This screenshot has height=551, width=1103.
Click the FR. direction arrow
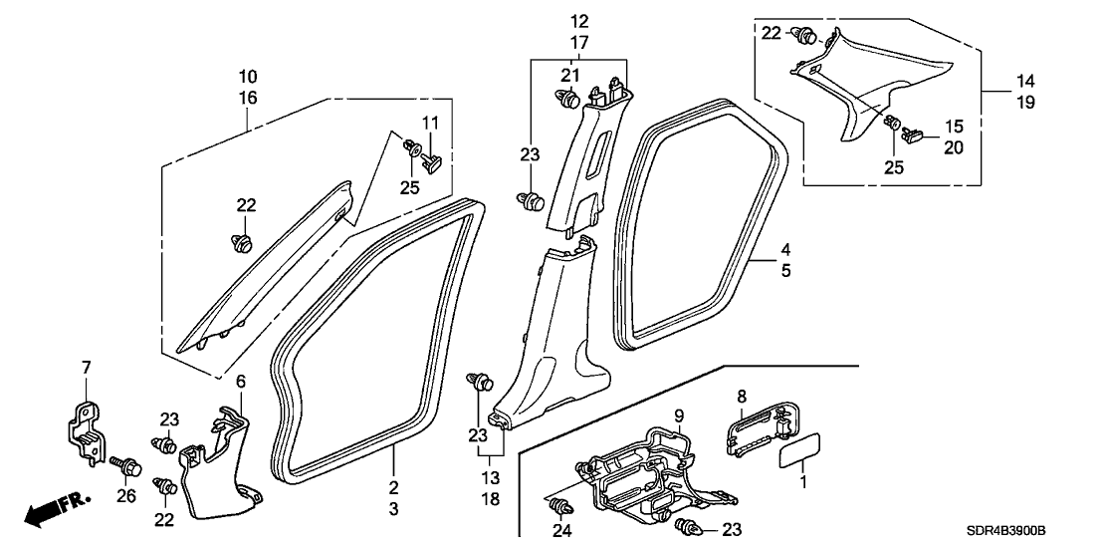click(x=55, y=509)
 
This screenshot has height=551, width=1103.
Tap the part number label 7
click(x=86, y=370)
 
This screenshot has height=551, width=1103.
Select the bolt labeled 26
click(x=127, y=465)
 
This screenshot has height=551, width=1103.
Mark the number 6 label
click(x=239, y=381)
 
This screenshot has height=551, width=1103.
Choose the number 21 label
click(x=569, y=75)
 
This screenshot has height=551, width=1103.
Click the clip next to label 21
click(x=567, y=99)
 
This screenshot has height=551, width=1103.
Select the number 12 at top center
click(x=578, y=21)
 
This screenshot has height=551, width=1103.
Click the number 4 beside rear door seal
click(x=785, y=249)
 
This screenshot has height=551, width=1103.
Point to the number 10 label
click(x=248, y=76)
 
